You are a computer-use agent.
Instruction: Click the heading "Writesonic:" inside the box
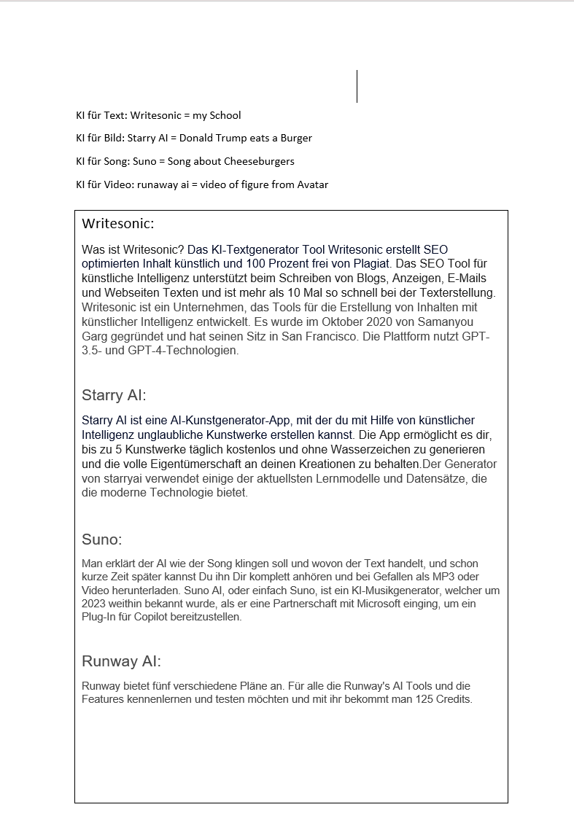pyautogui.click(x=118, y=224)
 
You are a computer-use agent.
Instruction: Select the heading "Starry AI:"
pyautogui.click(x=114, y=396)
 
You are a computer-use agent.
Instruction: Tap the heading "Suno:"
pyautogui.click(x=102, y=540)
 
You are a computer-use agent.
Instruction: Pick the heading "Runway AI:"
pyautogui.click(x=121, y=662)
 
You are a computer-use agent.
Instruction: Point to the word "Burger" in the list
pyautogui.click(x=296, y=138)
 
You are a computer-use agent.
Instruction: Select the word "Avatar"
pyautogui.click(x=313, y=184)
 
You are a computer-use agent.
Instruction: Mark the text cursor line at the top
pyautogui.click(x=357, y=86)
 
